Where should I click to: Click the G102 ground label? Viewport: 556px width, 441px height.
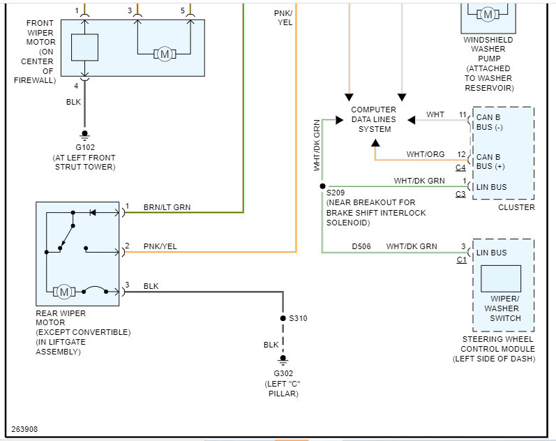pos(84,147)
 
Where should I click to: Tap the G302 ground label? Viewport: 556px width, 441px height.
pos(282,373)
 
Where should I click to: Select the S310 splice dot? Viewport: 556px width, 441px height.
pos(283,318)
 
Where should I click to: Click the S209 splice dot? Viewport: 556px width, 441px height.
pos(322,186)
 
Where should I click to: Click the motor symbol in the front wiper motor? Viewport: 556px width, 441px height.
pos(165,54)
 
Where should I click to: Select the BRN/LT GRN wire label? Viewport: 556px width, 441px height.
pos(167,207)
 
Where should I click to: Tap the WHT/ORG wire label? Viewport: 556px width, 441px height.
pos(426,154)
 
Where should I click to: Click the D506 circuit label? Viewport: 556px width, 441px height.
pos(362,246)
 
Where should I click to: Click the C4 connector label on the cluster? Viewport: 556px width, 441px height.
pos(460,168)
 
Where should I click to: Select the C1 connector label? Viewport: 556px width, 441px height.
pos(461,260)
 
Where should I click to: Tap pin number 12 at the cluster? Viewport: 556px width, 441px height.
pos(461,154)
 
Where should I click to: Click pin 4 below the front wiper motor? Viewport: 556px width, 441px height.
pos(77,86)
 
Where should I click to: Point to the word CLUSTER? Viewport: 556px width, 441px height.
pos(516,207)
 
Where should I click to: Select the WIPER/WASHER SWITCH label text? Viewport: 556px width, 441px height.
pos(505,308)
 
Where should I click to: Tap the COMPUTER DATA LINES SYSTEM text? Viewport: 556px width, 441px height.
pos(373,119)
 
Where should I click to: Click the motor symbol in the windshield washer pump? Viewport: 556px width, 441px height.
pos(488,14)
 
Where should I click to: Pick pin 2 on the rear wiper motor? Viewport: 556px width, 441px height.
pos(128,246)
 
